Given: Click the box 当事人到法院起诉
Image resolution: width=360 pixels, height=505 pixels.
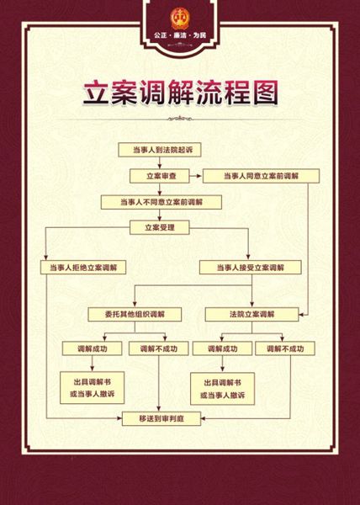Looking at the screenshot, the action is (x=160, y=150).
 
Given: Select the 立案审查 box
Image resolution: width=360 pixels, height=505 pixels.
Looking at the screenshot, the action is (x=160, y=176).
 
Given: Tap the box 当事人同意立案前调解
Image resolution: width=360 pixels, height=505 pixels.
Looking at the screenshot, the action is (x=261, y=176).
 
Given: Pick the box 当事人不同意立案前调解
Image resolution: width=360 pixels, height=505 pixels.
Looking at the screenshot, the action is (x=161, y=202).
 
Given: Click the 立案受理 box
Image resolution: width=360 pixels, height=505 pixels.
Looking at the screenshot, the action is (x=160, y=227).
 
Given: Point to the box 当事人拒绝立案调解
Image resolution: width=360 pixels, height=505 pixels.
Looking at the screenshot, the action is (x=83, y=268).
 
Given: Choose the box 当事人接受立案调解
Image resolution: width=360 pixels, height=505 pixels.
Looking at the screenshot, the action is (x=251, y=268).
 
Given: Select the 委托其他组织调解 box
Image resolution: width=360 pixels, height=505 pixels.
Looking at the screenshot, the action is (x=135, y=314).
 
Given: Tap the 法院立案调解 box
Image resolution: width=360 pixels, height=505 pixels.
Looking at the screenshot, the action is (x=251, y=314).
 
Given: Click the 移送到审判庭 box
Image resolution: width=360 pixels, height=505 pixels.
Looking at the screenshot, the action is (x=161, y=418).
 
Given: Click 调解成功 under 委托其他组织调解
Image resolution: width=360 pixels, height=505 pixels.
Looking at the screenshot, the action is (x=92, y=348).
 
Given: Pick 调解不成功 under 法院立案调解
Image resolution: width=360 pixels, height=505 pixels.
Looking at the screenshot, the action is (x=285, y=348).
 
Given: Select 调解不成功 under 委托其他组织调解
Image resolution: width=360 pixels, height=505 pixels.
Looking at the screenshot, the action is (x=159, y=348).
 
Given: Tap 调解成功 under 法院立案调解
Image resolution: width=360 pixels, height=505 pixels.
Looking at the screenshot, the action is (x=222, y=348).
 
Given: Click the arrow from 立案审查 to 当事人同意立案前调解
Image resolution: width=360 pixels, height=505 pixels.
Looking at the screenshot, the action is (x=196, y=176).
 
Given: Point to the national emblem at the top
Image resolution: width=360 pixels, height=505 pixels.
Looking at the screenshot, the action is (x=180, y=19).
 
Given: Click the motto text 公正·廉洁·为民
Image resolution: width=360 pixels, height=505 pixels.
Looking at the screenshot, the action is (x=180, y=35).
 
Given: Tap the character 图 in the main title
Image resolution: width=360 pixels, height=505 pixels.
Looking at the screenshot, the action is (x=265, y=93).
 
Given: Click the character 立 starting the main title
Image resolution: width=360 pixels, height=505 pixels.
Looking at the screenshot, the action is (x=96, y=93).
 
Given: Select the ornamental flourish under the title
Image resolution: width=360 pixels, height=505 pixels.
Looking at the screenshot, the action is (x=180, y=119).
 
